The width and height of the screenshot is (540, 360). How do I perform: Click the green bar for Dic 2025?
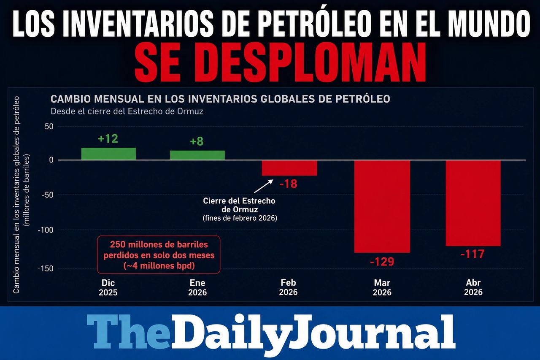click(x=108, y=154)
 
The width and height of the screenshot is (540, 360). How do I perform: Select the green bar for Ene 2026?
click(x=197, y=155)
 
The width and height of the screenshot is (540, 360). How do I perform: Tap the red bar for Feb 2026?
click(x=289, y=168)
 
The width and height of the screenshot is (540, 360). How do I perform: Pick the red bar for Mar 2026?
click(x=382, y=206)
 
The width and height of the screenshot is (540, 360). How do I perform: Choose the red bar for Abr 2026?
click(x=473, y=203)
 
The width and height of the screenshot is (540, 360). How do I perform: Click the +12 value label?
click(x=108, y=139)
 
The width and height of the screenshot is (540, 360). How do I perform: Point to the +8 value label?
click(x=197, y=141)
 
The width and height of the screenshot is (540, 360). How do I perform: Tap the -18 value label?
click(x=288, y=184)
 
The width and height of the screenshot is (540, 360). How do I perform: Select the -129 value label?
click(x=382, y=262)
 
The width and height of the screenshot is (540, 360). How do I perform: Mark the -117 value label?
click(x=472, y=254)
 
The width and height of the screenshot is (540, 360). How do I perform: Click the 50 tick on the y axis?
click(x=49, y=126)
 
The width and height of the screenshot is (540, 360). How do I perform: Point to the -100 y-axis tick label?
click(x=46, y=230)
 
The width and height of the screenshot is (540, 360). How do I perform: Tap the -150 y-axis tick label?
click(x=46, y=268)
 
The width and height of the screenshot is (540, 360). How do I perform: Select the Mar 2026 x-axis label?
click(x=382, y=287)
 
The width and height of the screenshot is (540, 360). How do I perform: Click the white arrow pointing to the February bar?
click(x=264, y=186)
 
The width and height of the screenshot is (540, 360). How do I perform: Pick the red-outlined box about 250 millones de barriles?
click(x=159, y=254)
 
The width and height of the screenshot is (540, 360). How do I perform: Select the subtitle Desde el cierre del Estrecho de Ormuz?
click(x=127, y=111)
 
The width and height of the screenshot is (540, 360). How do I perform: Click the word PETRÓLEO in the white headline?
click(x=302, y=24)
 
